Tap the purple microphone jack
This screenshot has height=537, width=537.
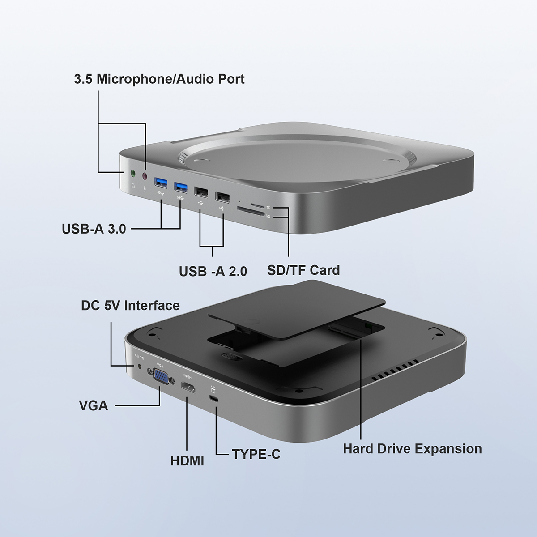[145, 177]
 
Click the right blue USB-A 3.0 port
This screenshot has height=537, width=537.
[181, 186]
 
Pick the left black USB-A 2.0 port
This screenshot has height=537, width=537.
[201, 191]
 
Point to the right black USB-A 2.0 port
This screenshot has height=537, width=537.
[222, 196]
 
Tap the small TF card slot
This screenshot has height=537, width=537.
[257, 205]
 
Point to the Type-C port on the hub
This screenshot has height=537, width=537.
[214, 399]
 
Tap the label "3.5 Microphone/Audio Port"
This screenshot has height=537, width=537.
[159, 79]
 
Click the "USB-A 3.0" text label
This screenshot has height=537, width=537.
[94, 229]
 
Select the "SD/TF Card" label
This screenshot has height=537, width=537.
[303, 270]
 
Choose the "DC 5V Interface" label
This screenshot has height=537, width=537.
[130, 306]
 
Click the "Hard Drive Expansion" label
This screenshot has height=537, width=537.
[412, 449]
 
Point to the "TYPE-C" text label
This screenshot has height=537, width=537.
[256, 455]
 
